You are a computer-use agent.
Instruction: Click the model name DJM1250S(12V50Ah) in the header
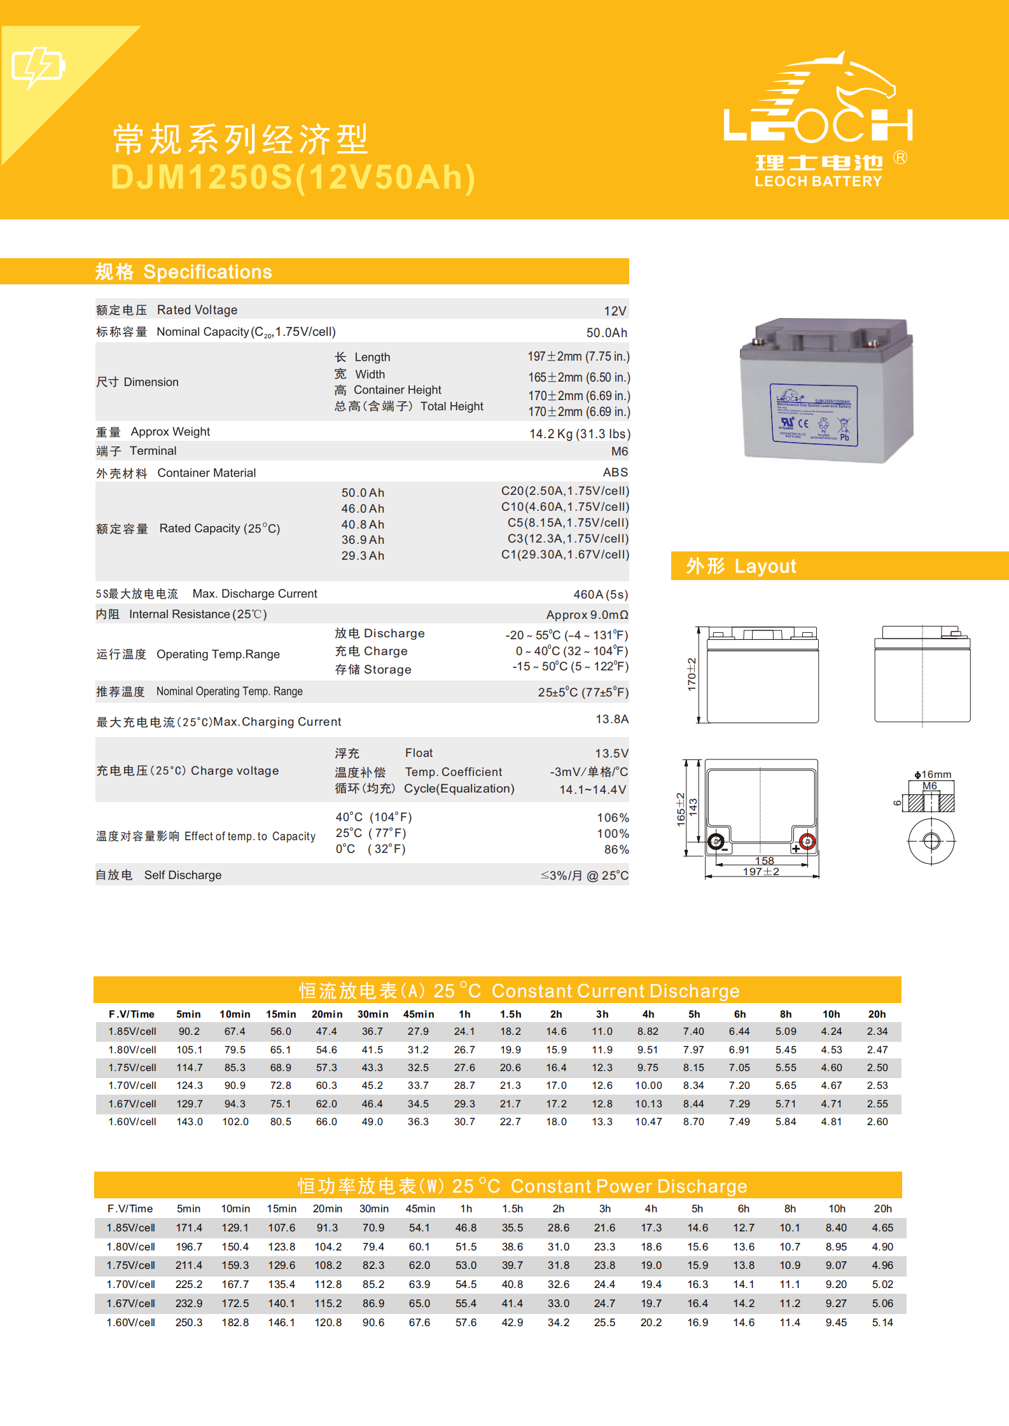click(x=293, y=177)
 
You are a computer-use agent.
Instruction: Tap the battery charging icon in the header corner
click(x=38, y=66)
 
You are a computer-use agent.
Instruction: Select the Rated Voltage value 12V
click(x=615, y=311)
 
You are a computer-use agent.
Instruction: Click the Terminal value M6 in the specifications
click(x=619, y=452)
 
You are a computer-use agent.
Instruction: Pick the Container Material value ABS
click(x=615, y=473)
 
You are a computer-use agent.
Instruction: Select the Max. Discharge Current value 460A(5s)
click(x=600, y=595)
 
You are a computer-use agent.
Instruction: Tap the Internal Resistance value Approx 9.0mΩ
click(x=587, y=615)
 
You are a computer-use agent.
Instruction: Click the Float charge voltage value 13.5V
click(x=611, y=754)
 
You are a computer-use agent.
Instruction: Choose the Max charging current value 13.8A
click(x=611, y=719)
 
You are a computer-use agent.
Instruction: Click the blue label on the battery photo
click(x=814, y=415)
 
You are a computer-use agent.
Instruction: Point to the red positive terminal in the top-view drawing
click(x=807, y=841)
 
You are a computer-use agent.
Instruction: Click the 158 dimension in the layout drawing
click(x=764, y=861)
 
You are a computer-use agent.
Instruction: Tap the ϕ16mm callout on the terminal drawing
click(x=933, y=775)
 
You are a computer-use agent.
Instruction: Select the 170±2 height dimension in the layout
click(x=692, y=674)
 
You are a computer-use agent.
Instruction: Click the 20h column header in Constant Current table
click(x=877, y=1014)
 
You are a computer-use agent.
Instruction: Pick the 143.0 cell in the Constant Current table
click(x=189, y=1122)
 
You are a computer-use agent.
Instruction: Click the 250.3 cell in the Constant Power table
click(x=189, y=1322)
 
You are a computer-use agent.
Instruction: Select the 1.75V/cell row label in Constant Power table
click(x=131, y=1266)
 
